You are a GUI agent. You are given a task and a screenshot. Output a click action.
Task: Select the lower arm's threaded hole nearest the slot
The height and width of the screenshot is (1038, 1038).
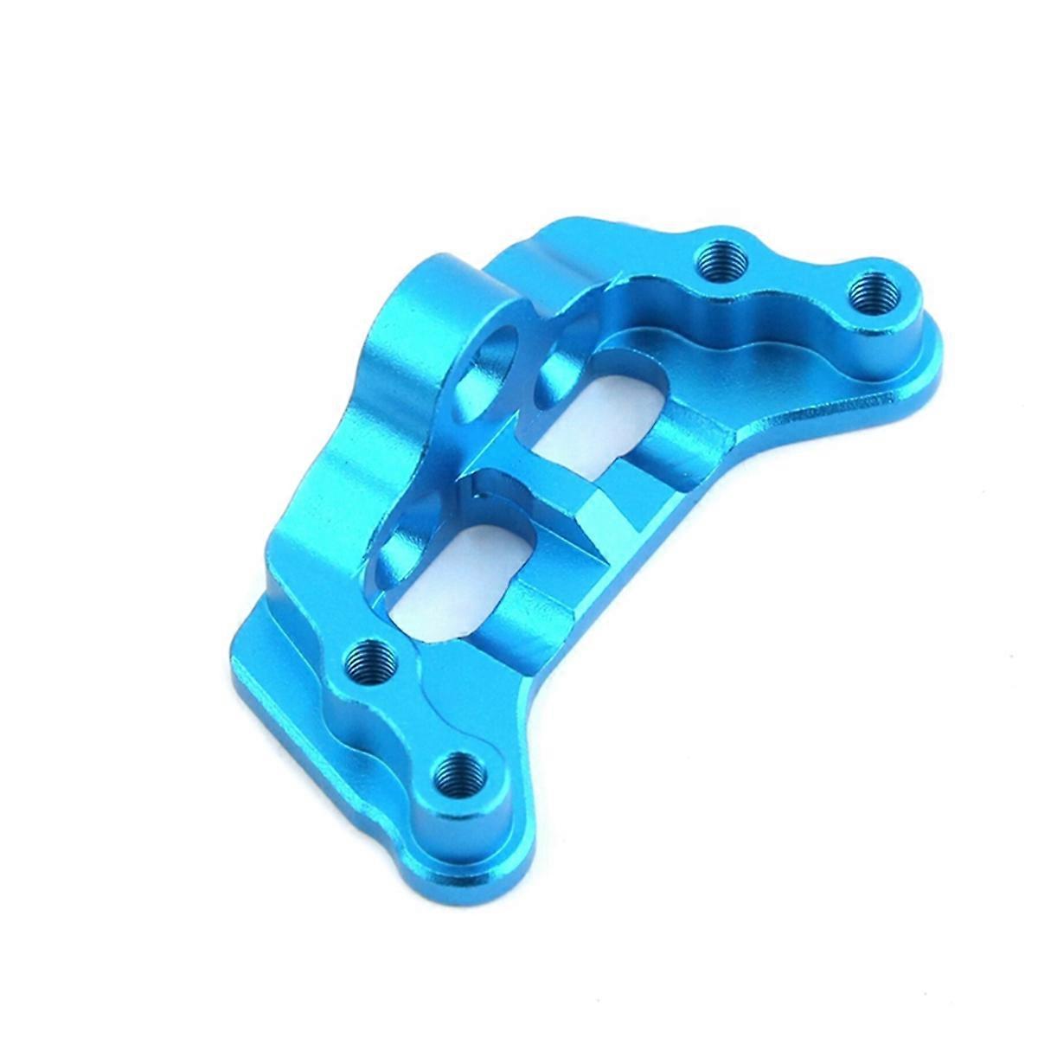[x=368, y=663]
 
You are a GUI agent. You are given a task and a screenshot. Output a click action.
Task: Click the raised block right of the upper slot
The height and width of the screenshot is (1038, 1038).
[x=683, y=432]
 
